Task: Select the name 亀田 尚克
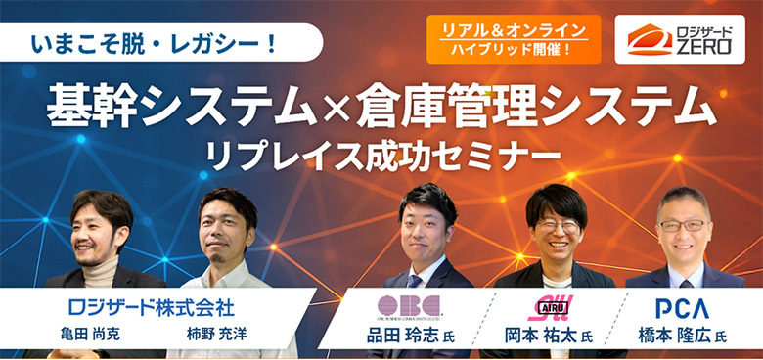[x=100, y=336]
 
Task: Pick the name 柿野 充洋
[x=214, y=336]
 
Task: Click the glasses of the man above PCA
[x=683, y=225]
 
